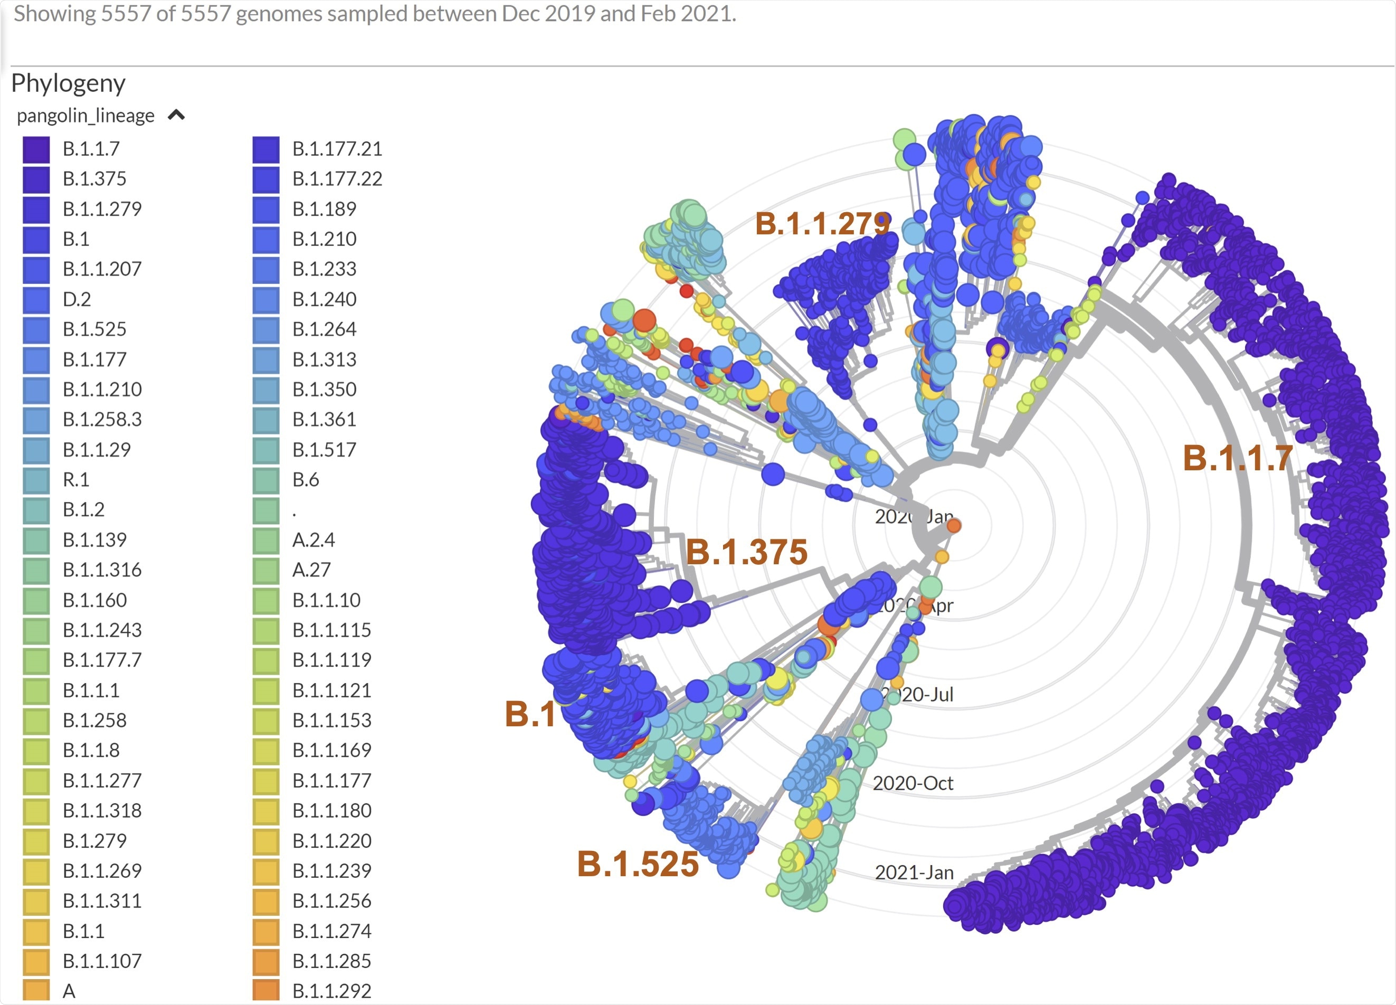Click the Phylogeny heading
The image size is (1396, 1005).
click(68, 83)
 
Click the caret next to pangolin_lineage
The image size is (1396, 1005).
click(176, 115)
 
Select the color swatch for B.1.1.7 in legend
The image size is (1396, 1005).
click(36, 149)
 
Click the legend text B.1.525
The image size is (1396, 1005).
click(94, 329)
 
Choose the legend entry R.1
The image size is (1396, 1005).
click(75, 479)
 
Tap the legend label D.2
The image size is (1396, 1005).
click(77, 299)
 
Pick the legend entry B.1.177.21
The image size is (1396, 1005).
click(337, 149)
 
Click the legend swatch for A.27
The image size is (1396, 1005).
click(266, 570)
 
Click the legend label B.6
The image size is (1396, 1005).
click(305, 479)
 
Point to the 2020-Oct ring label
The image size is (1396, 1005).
click(913, 783)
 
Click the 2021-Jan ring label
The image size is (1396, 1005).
click(914, 873)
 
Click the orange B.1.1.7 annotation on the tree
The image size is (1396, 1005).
click(1237, 459)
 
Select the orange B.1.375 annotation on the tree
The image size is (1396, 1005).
click(746, 552)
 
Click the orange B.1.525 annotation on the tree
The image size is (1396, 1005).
click(638, 864)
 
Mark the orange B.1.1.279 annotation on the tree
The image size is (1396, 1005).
click(822, 223)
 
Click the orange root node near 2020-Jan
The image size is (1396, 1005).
click(953, 526)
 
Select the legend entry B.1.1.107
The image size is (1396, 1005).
click(101, 961)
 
